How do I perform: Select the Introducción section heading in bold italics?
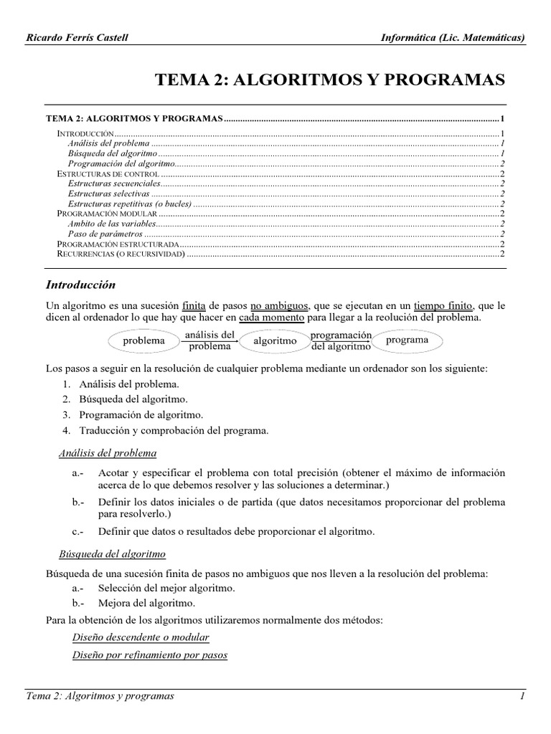tap(80, 285)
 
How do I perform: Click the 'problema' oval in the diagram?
tap(143, 341)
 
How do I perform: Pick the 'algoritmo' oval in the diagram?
tap(274, 341)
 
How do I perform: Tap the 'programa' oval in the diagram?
tap(407, 340)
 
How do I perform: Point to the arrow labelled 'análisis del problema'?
tap(209, 340)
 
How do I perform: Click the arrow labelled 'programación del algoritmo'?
tap(342, 340)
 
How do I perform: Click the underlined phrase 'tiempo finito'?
tap(444, 306)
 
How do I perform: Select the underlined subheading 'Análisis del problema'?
tap(107, 454)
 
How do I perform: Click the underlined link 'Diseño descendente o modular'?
tap(141, 637)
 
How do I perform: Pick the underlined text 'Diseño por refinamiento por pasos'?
tap(150, 655)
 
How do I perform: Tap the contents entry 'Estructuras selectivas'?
tap(108, 194)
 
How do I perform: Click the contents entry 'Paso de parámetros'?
tap(105, 234)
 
